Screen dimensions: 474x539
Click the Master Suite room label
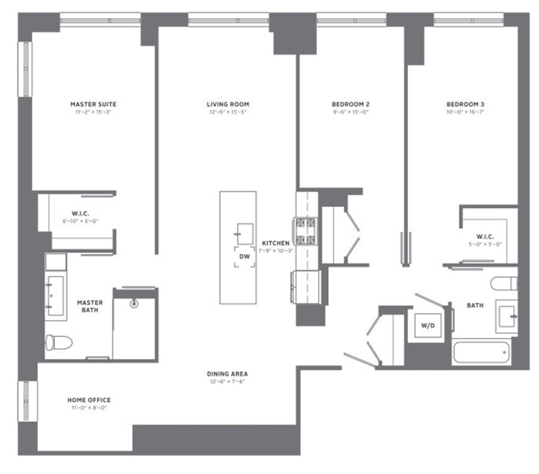click(x=93, y=104)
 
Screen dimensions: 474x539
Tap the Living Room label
click(x=228, y=104)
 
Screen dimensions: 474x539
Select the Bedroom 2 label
click(x=350, y=104)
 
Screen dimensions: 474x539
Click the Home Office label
click(x=89, y=400)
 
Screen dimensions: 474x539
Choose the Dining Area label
click(x=228, y=374)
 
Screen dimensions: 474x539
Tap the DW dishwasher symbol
click(x=244, y=257)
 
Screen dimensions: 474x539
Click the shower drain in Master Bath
click(x=134, y=303)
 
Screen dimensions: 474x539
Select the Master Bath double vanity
click(x=55, y=295)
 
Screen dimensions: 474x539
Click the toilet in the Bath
click(x=504, y=283)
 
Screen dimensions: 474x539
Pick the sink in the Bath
click(x=506, y=315)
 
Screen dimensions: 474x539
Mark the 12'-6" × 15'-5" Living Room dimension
click(x=228, y=112)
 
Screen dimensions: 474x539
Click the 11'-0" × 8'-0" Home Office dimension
click(x=89, y=408)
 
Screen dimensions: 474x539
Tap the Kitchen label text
click(x=275, y=243)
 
